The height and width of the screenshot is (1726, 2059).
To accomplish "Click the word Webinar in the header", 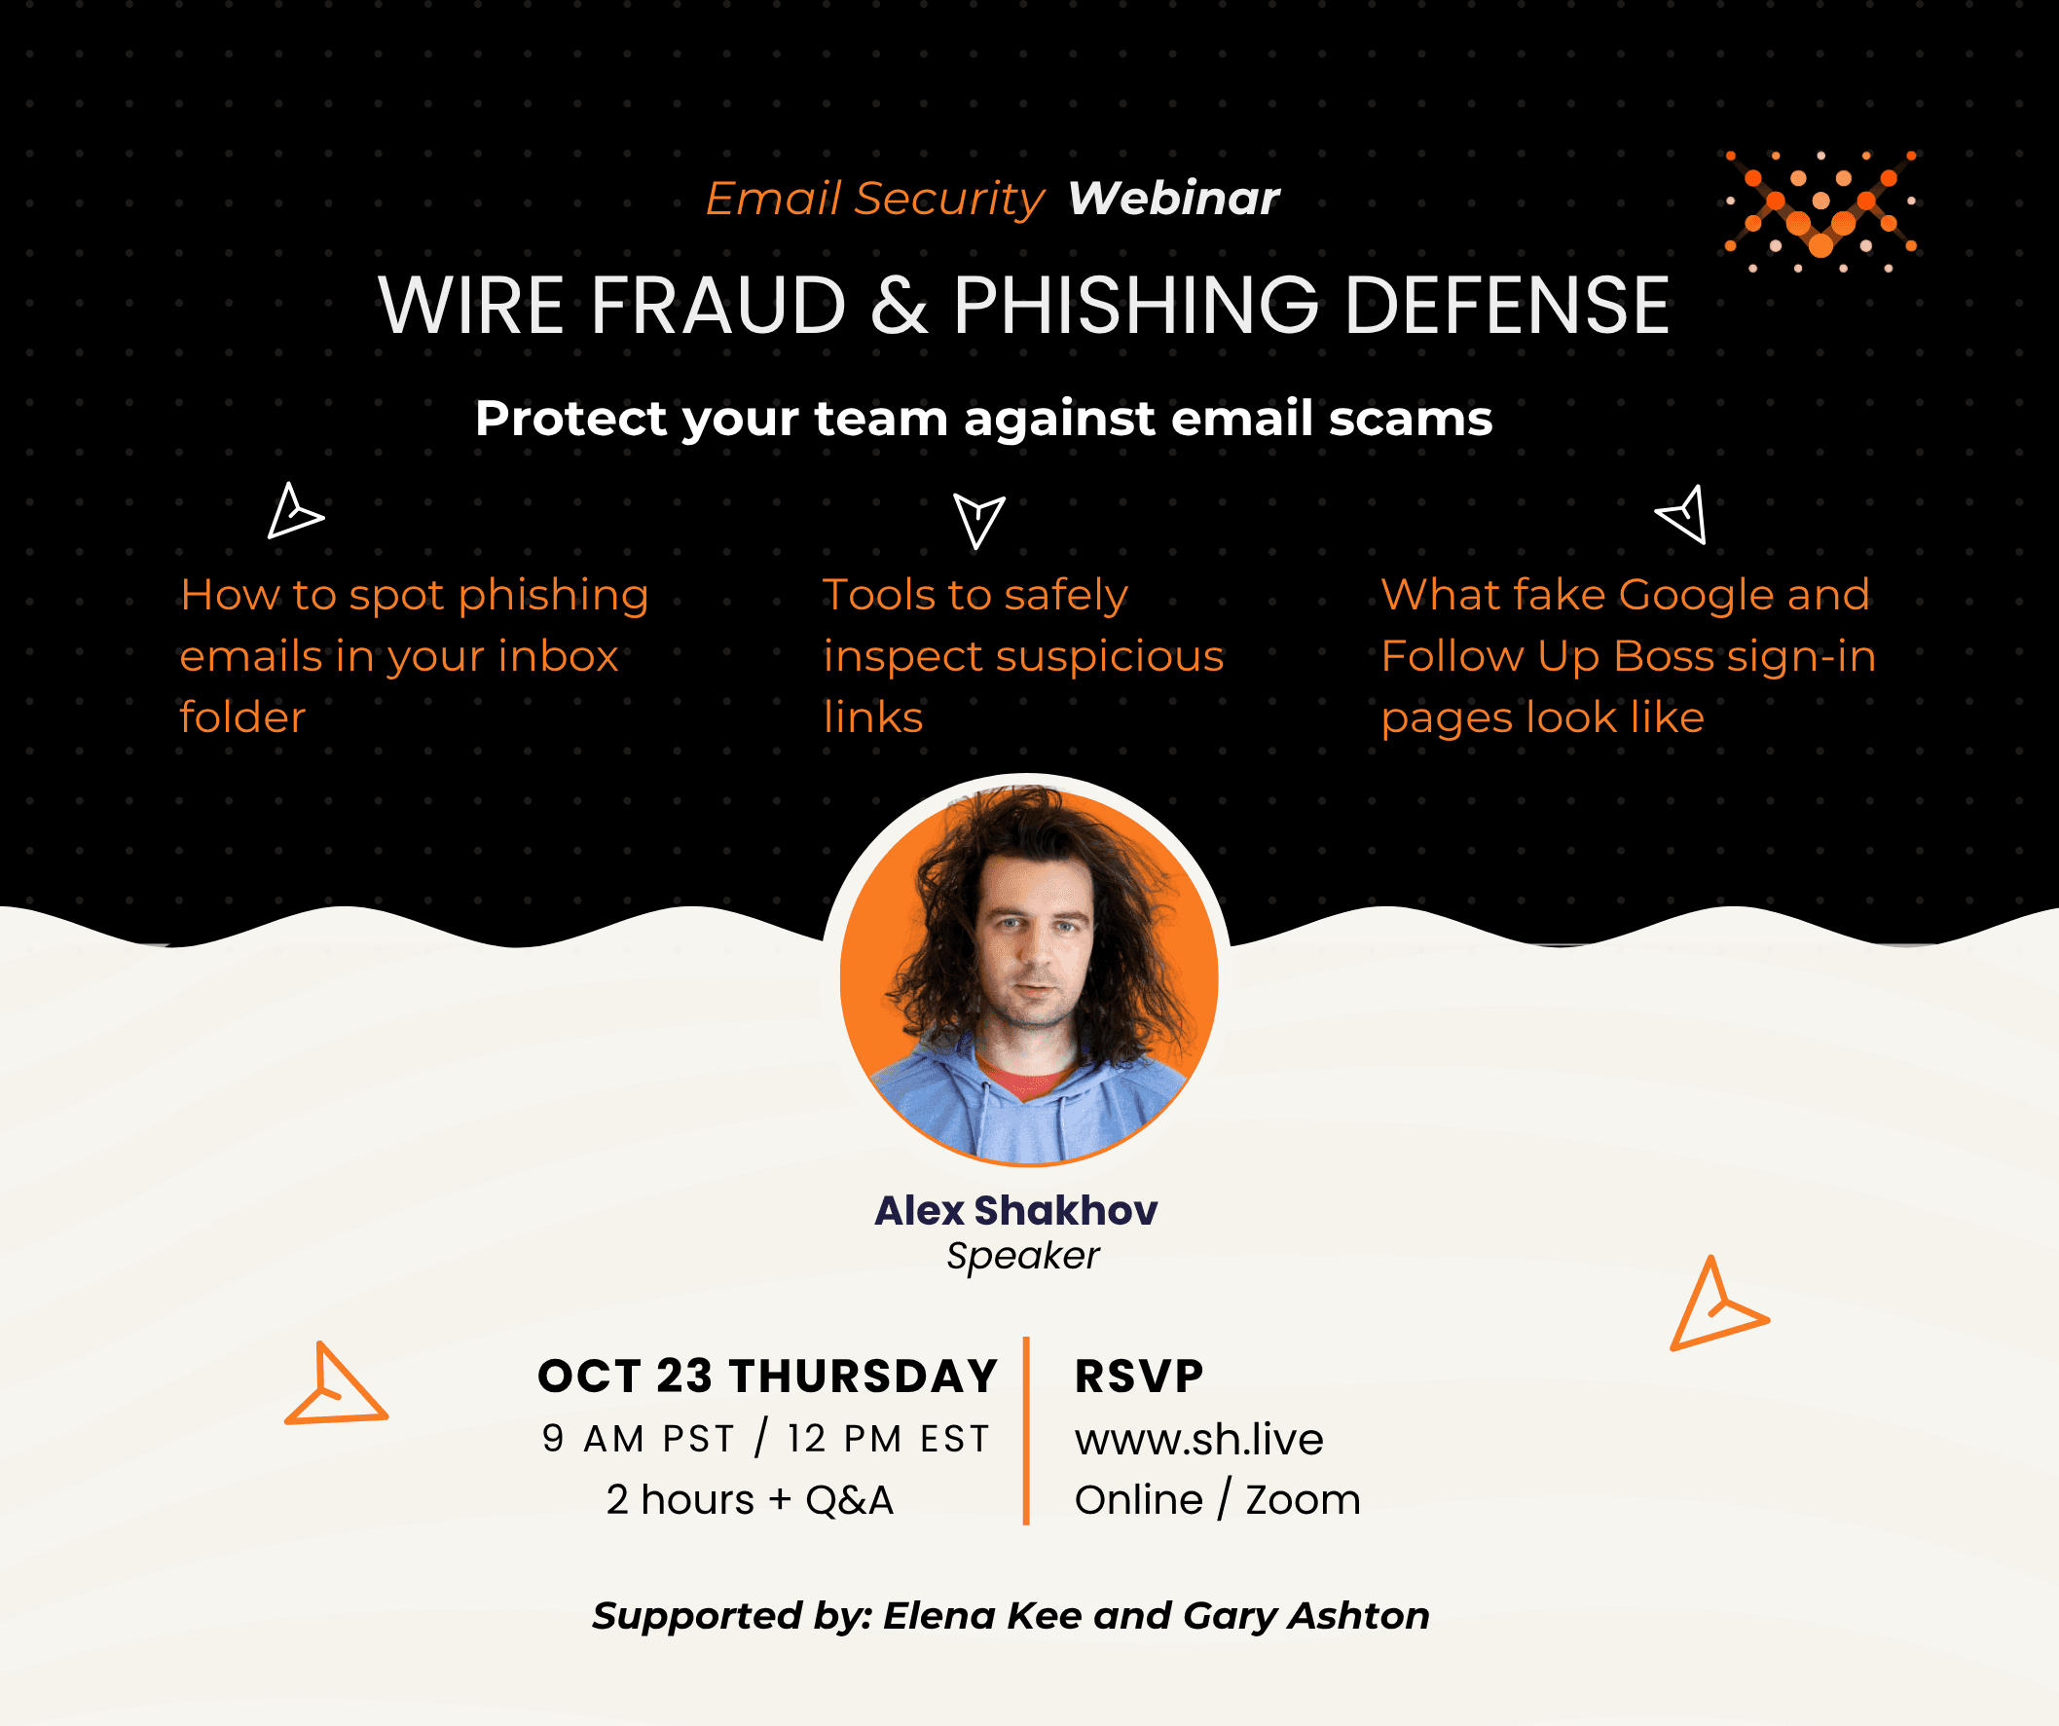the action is click(1174, 198).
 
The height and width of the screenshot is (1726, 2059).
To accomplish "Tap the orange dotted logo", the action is click(1820, 211).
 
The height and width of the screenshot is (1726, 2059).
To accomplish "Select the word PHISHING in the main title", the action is click(1136, 305).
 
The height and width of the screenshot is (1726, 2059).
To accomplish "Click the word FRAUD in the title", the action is click(717, 305).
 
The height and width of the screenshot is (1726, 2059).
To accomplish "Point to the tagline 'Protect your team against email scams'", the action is click(983, 419).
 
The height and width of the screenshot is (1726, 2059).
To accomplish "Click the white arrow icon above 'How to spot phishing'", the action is click(294, 511).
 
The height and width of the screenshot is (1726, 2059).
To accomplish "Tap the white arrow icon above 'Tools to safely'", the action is click(978, 521).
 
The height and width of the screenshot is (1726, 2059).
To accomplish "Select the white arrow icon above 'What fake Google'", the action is click(1682, 514).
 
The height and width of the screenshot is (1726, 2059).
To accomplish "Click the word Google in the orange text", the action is click(1696, 594).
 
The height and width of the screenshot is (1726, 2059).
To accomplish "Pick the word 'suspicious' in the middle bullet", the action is click(1109, 656).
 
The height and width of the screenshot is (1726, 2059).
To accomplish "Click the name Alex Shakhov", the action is click(1015, 1210).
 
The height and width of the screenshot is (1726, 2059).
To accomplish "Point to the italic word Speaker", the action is click(1022, 1256).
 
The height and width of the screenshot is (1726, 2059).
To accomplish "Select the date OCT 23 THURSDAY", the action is click(768, 1376).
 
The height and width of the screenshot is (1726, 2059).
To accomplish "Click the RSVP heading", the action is click(1139, 1376).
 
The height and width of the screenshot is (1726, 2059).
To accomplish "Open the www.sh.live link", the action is click(1199, 1439).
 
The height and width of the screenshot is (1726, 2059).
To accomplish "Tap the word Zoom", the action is click(1303, 1500).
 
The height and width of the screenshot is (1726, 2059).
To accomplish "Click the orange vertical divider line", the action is click(1025, 1431).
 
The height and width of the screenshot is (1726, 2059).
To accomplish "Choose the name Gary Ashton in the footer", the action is click(1306, 1615).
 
